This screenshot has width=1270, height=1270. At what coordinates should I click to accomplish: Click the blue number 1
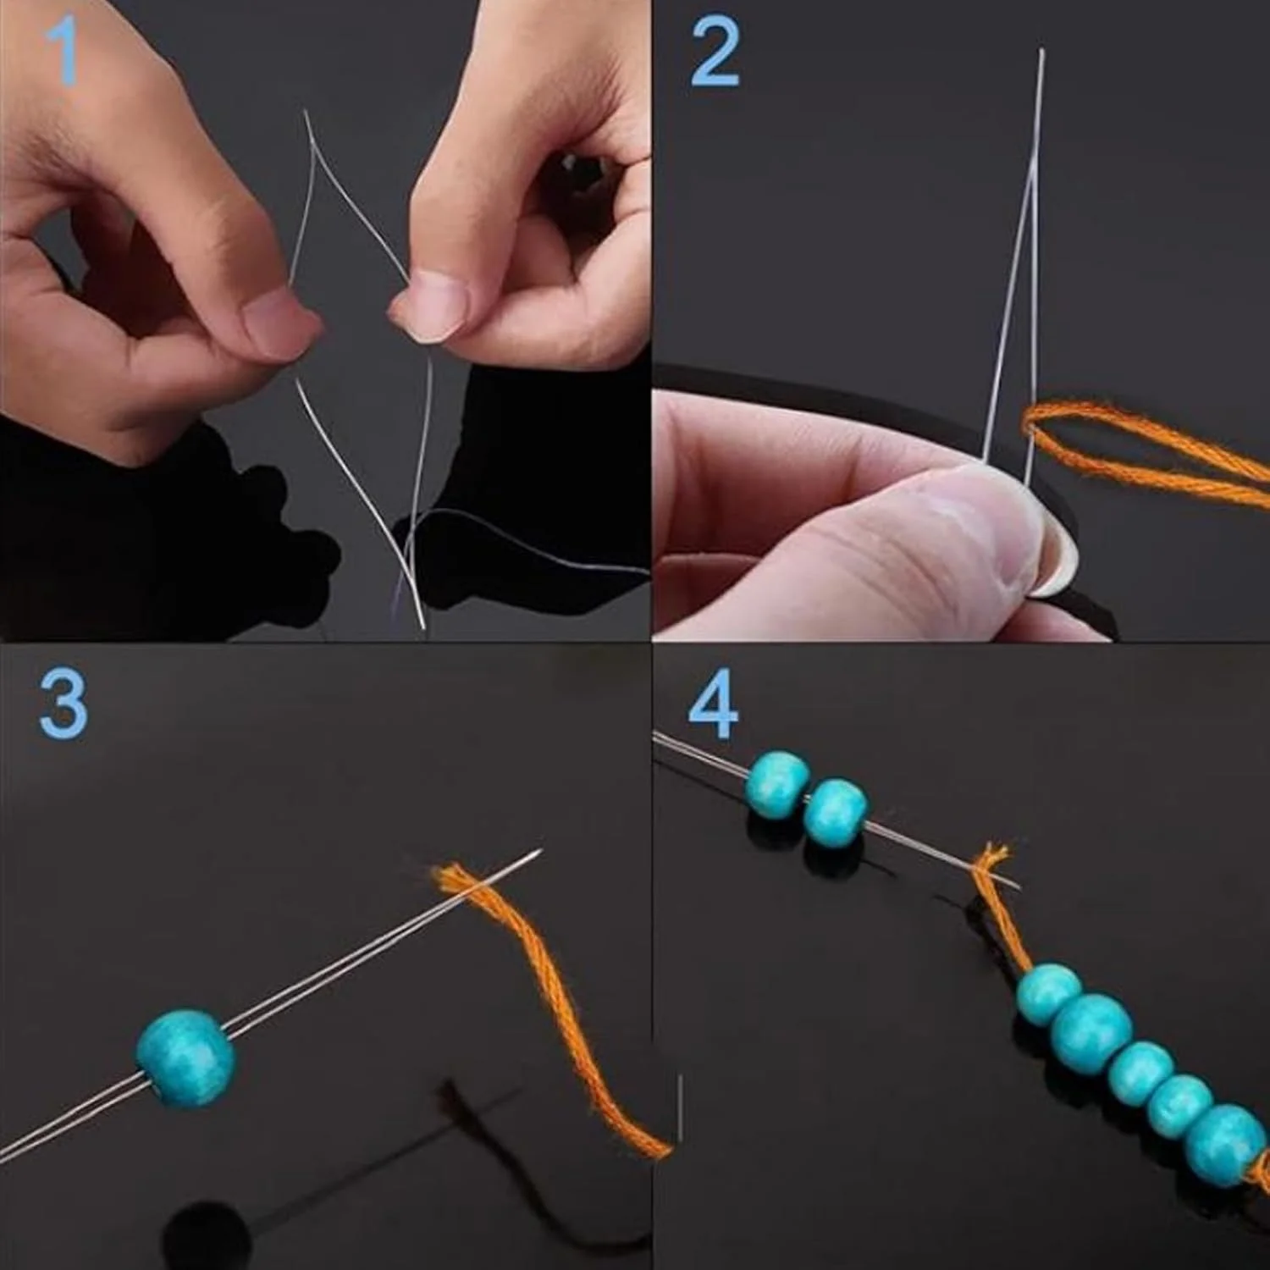point(63,52)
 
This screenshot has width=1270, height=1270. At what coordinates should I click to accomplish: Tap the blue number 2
point(715,52)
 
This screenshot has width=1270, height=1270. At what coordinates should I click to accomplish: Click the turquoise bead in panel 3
point(185,1058)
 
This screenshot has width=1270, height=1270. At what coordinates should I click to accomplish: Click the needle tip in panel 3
point(538,852)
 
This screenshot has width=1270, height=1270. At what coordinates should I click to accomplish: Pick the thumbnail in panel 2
point(1050,555)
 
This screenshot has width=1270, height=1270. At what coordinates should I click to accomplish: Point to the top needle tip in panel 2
point(1042,51)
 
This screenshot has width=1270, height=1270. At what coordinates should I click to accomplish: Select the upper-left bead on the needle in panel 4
point(776,784)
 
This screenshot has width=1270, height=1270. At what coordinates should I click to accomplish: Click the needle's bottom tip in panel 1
point(423,627)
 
